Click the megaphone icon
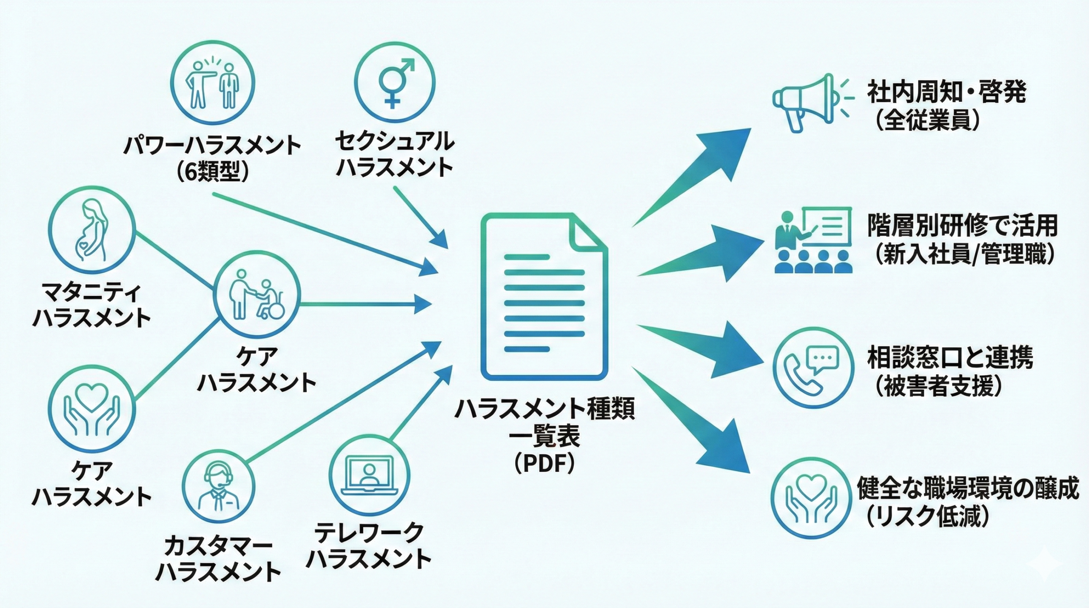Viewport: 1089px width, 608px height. pos(800,102)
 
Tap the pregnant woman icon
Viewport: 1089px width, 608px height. pos(91,230)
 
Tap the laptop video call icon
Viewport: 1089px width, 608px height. pos(369,477)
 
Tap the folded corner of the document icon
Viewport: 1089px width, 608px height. pos(588,233)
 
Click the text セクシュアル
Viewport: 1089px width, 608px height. pos(395,141)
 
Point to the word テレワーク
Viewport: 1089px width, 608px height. pos(369,533)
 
